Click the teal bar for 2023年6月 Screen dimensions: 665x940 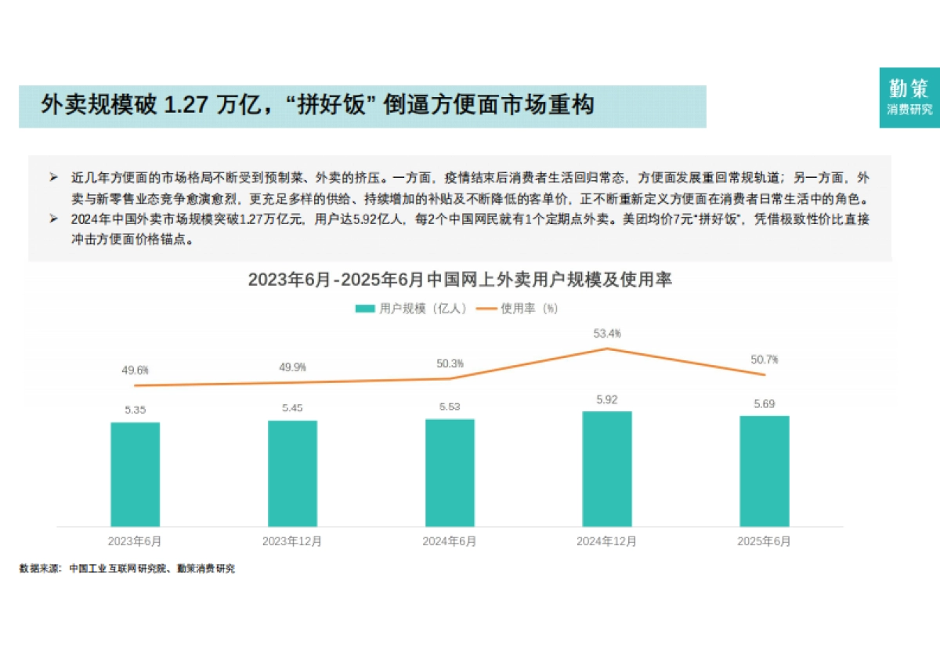[135, 474]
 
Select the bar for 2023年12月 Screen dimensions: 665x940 [292, 473]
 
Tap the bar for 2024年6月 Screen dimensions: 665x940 [450, 472]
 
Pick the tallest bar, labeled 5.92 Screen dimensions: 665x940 [607, 468]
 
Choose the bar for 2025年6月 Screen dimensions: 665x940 [765, 471]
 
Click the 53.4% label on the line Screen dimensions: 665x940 [607, 334]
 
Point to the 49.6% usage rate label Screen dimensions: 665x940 [135, 370]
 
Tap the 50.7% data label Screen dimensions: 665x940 [765, 360]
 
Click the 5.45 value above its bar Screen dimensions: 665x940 [292, 408]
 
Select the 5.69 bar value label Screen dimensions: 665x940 [765, 403]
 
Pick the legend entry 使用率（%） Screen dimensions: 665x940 [519, 309]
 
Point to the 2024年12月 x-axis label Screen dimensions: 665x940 [607, 541]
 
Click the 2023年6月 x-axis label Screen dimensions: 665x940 [135, 541]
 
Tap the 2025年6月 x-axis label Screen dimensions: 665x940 [765, 541]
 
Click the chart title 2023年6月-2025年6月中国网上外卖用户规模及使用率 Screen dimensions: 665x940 [460, 280]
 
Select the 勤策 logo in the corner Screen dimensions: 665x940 [909, 96]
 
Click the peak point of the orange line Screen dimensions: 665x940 [607, 349]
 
